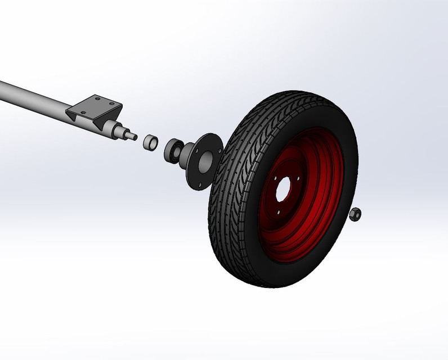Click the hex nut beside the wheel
point(355,214)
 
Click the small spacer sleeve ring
point(150,142)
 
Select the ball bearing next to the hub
point(173,149)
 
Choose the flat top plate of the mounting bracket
point(96,105)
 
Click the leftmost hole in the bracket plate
point(83,111)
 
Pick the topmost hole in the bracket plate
point(97,98)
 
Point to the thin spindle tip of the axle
point(135,136)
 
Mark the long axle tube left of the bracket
point(34,96)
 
